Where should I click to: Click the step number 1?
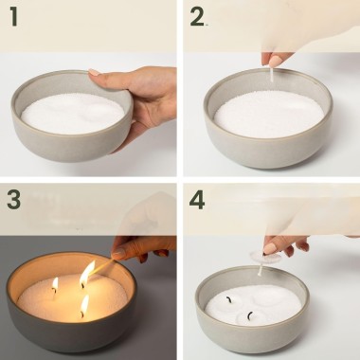pyautogui.click(x=13, y=17)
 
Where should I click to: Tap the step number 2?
pyautogui.click(x=197, y=17)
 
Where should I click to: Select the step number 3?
pyautogui.click(x=14, y=200)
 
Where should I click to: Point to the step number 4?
pyautogui.click(x=197, y=200)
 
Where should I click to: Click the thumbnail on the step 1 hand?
pyautogui.click(x=94, y=72)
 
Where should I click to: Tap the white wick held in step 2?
pyautogui.click(x=271, y=74)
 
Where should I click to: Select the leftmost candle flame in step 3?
pyautogui.click(x=55, y=284)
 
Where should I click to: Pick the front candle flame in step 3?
pyautogui.click(x=84, y=305)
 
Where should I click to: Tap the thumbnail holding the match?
pyautogui.click(x=118, y=253)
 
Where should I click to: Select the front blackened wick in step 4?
pyautogui.click(x=250, y=315)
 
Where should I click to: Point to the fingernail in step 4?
pyautogui.click(x=269, y=248)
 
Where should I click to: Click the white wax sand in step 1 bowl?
pyautogui.click(x=73, y=113)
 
